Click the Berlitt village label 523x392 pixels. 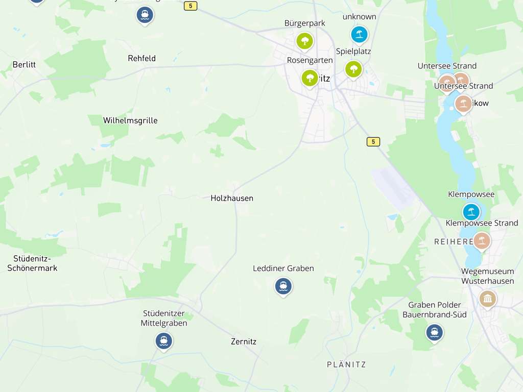[x=24, y=65]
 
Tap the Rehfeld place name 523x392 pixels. [x=141, y=58]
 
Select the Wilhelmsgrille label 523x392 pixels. [x=130, y=120]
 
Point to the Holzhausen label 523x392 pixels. [x=232, y=198]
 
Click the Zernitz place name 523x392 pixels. [x=244, y=341]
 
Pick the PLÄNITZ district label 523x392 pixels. [x=346, y=364]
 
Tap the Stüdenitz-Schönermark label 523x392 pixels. [x=32, y=263]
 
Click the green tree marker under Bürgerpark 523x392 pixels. [x=305, y=41]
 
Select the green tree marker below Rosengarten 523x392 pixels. [x=310, y=78]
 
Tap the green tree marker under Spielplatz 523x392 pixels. [x=353, y=69]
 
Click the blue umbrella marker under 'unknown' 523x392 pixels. [x=360, y=34]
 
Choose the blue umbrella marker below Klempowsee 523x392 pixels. [x=471, y=211]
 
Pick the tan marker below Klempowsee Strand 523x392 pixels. [x=482, y=240]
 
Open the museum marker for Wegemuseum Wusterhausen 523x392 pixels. [x=488, y=299]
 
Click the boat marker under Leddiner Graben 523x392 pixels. [x=283, y=286]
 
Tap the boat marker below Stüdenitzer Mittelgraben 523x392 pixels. [x=164, y=340]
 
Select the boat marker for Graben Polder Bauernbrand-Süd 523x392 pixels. [x=435, y=332]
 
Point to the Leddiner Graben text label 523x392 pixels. [x=283, y=268]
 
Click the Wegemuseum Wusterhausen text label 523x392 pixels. [x=488, y=276]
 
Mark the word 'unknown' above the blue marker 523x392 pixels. [x=360, y=17]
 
